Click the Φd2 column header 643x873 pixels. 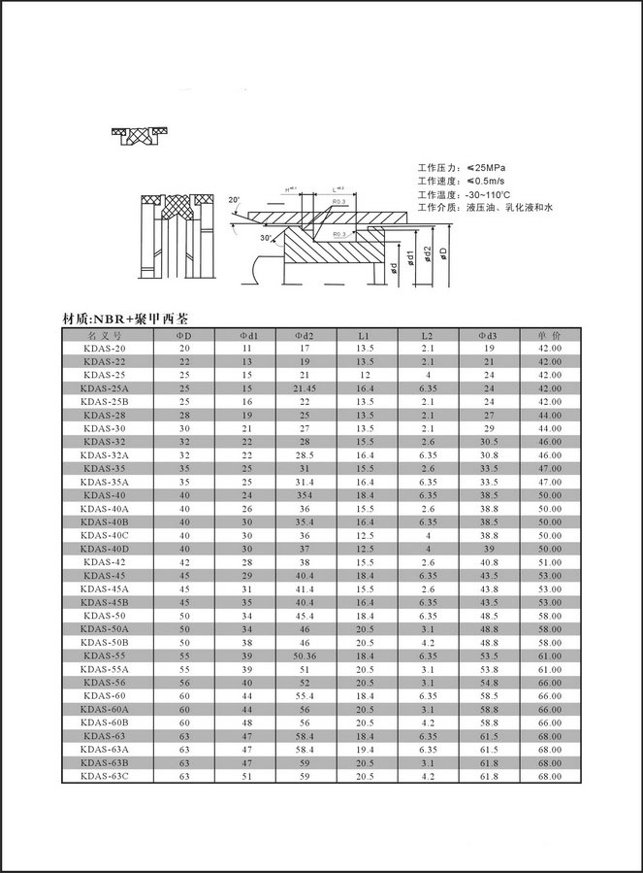[304, 335]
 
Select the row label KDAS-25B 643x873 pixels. [105, 401]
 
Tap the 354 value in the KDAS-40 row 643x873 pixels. [304, 493]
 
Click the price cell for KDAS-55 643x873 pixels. [550, 656]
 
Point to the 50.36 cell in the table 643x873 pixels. [304, 656]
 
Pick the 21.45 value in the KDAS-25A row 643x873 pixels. [304, 387]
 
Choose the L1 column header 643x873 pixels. [365, 335]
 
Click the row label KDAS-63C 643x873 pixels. [105, 776]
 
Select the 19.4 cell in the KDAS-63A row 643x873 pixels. [365, 750]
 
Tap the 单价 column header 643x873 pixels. [550, 335]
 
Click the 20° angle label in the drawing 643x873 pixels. [234, 200]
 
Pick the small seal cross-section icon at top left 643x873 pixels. [141, 134]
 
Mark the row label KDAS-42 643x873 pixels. [105, 561]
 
